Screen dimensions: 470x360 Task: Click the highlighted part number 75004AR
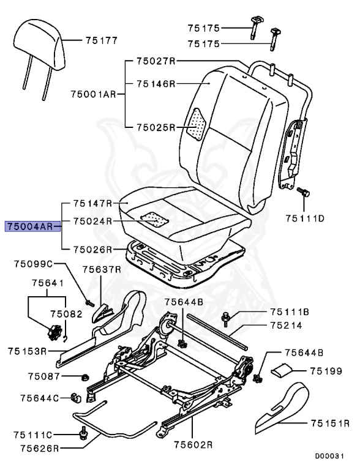(29, 227)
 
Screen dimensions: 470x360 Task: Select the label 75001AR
(92, 94)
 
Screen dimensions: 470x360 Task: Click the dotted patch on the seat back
(197, 125)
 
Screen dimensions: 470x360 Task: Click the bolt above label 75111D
(302, 193)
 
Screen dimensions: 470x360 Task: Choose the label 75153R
(28, 351)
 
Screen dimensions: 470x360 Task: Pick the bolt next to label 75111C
(82, 435)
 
